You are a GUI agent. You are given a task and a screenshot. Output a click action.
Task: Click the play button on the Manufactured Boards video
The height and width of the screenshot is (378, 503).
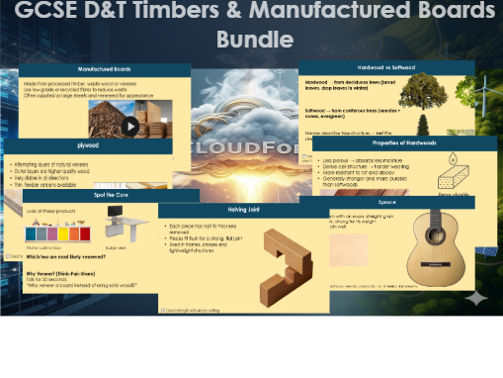pos(130,126)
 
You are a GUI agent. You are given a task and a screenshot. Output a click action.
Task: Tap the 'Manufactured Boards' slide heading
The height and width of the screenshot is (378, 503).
pos(106,70)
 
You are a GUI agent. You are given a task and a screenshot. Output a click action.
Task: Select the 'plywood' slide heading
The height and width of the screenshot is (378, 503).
pos(89,145)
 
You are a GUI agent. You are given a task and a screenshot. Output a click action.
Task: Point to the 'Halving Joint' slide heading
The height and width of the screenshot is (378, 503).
pos(243,211)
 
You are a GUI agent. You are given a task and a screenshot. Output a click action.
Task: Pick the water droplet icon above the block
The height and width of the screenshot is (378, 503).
pos(453,158)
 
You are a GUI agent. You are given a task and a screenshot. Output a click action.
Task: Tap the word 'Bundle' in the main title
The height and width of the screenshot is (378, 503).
pos(254,40)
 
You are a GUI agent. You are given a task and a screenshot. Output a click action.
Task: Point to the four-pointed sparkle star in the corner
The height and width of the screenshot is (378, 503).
pos(477,297)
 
